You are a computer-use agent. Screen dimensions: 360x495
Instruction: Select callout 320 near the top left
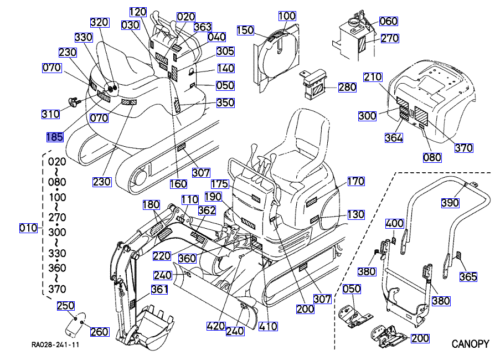coord(100,23)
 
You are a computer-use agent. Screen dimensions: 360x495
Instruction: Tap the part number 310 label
coord(51,115)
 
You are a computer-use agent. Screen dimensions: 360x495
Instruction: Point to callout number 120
coord(138,12)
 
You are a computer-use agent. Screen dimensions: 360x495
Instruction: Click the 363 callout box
coord(203,27)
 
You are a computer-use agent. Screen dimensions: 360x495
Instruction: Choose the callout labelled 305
coord(225,52)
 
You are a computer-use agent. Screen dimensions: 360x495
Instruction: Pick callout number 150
coord(245,30)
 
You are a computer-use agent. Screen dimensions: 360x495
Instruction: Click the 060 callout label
coord(389,22)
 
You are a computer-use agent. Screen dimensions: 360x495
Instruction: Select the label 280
coord(347,87)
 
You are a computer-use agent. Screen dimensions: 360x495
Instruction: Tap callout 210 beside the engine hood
coord(373,77)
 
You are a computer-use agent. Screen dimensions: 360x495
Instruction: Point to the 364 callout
coord(394,138)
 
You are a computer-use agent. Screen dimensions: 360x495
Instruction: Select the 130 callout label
coord(355,214)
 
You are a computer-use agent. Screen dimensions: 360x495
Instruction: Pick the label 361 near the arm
coord(159,289)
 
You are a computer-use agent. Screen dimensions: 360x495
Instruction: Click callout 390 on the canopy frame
coord(450,203)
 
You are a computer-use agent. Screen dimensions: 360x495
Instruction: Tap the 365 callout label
coord(468,277)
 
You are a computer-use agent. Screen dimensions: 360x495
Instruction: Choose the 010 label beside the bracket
coord(28,228)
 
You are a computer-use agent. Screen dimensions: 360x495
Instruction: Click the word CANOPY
coord(470,343)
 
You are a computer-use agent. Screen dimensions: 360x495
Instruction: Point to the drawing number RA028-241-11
coord(55,344)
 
